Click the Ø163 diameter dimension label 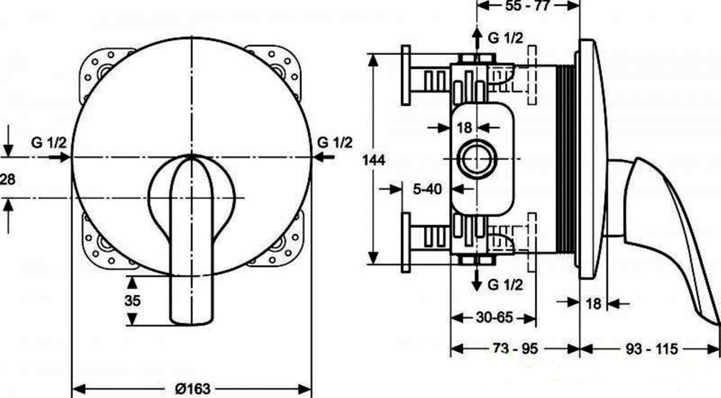tap(193, 389)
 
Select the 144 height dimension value tap(373, 160)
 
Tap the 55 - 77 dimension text tap(528, 6)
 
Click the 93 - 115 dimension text tap(652, 349)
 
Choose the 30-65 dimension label tap(494, 317)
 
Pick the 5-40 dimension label tap(427, 188)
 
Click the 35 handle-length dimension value tap(133, 301)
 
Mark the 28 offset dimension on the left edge tap(7, 179)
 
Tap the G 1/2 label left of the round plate tap(49, 143)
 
